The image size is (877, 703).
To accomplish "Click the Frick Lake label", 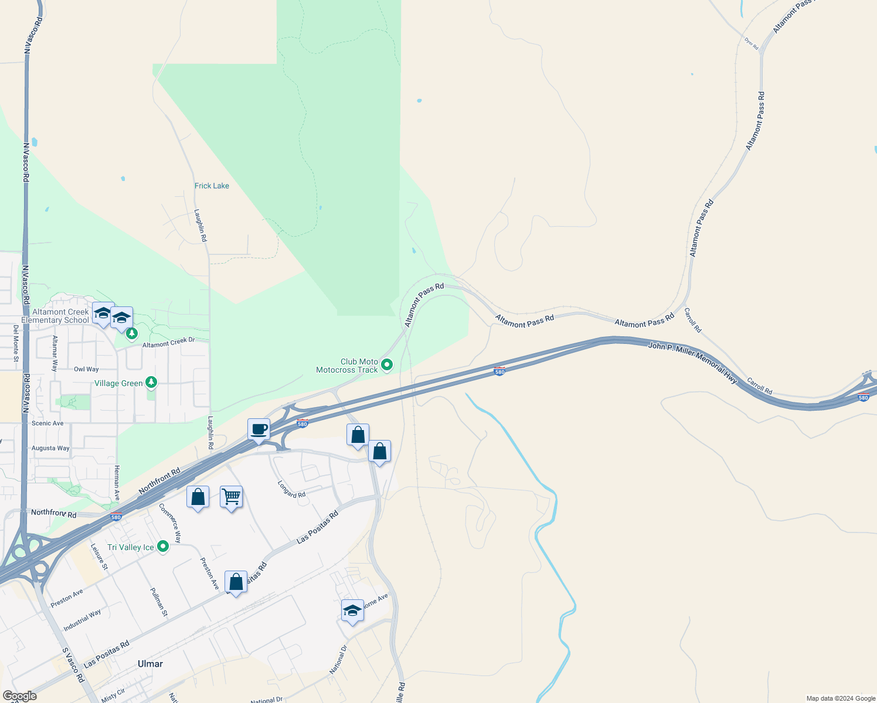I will [x=212, y=186].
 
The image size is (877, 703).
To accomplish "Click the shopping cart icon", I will [x=232, y=497].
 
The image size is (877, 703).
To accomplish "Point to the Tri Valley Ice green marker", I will [x=163, y=547].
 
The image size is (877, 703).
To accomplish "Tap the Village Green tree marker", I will [x=151, y=383].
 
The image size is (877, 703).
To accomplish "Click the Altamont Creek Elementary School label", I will [x=56, y=316].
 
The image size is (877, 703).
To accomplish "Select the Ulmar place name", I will [x=150, y=664].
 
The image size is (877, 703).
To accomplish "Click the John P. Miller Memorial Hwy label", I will [x=692, y=363].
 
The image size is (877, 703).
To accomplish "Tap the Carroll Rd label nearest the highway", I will [x=760, y=387].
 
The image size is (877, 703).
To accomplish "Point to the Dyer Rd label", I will [x=752, y=43].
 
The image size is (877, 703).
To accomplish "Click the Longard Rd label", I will [x=291, y=489].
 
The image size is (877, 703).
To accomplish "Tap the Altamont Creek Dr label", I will [x=168, y=343].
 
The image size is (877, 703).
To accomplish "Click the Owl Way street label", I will [x=86, y=369].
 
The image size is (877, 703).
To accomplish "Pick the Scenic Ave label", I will [x=47, y=423].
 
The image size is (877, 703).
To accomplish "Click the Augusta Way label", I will [x=50, y=448].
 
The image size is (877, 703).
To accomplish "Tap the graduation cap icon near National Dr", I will [x=352, y=611].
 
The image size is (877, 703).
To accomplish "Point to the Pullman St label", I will [x=159, y=602].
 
